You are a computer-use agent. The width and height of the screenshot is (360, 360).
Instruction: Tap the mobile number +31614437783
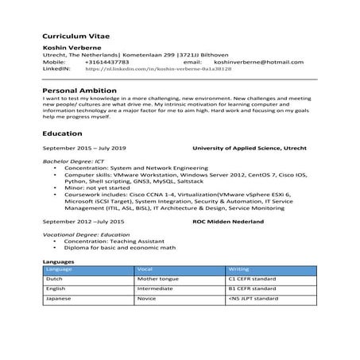(110, 61)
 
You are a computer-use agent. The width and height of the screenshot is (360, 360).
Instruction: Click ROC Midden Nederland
(229, 220)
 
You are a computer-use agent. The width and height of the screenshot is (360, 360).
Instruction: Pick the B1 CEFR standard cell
(251, 288)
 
